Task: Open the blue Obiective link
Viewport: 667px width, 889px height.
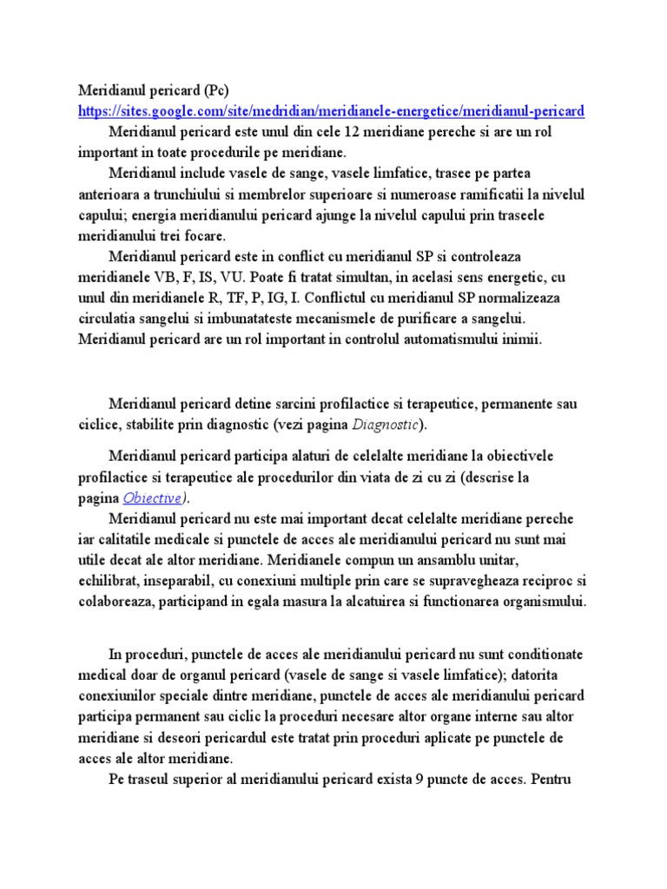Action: (153, 497)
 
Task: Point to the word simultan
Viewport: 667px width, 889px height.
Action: (351, 277)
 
